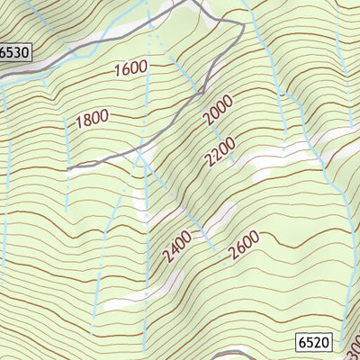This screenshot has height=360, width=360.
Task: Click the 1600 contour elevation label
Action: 130,68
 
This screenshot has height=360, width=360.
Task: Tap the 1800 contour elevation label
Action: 92,118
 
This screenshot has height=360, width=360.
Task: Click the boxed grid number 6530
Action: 14,53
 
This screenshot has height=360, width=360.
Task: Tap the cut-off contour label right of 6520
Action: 351,343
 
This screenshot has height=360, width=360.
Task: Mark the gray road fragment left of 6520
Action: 236,353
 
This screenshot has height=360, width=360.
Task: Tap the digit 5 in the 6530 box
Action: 11,53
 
